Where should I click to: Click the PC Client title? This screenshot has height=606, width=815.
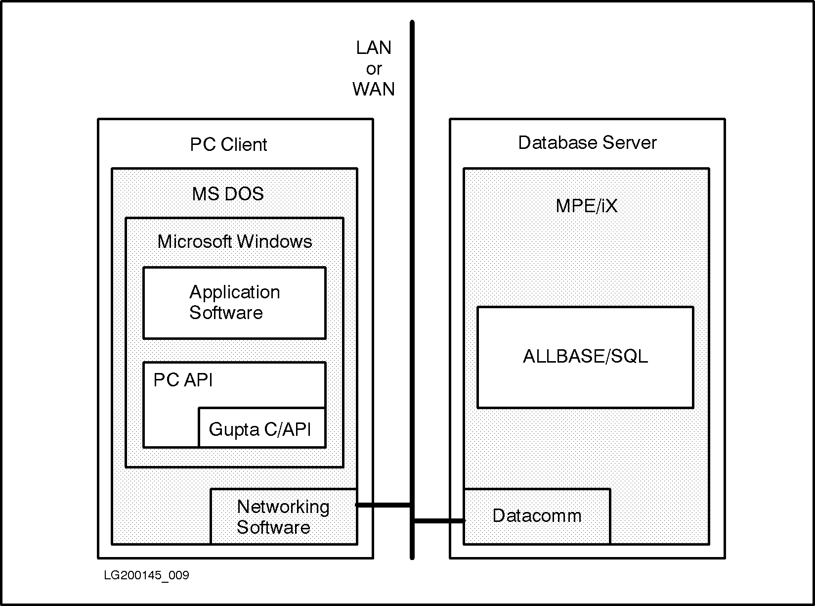[228, 144]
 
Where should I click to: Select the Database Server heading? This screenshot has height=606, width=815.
[587, 142]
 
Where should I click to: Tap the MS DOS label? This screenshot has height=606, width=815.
[228, 193]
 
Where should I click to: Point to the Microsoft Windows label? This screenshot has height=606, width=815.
[235, 241]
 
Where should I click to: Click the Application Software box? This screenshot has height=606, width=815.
[234, 303]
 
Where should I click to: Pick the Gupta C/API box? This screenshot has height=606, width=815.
[261, 428]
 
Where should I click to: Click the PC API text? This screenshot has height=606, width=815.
[183, 380]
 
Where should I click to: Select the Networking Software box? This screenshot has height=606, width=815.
[283, 516]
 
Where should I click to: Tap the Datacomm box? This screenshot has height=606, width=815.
[537, 516]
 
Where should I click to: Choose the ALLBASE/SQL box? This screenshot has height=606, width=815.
[585, 357]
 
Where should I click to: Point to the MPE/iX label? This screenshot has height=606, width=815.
[587, 206]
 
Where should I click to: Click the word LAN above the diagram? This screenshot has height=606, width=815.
[374, 48]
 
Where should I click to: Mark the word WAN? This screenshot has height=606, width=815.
[374, 89]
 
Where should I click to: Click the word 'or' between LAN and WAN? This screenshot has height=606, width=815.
[374, 69]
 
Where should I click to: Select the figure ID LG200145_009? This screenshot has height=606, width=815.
[146, 575]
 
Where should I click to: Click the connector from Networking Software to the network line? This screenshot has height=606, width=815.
[384, 505]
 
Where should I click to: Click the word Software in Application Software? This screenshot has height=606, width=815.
[226, 313]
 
